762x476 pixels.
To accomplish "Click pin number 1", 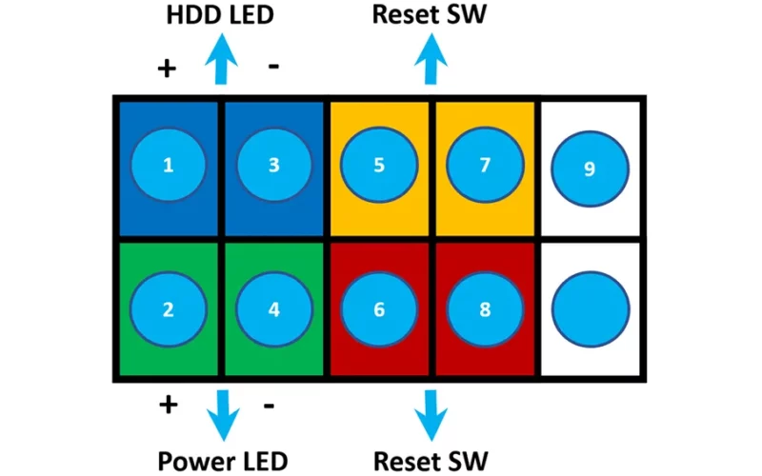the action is point(169,165).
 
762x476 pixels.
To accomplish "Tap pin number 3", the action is point(274,165).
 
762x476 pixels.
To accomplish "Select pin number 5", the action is point(379,165).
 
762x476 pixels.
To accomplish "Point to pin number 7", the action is point(485,165).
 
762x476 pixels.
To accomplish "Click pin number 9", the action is point(590,169).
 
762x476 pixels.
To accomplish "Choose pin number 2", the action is point(169,308).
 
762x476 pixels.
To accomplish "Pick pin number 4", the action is point(274,308).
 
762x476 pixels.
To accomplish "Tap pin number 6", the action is point(379,308).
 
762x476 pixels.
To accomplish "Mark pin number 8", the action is point(485,308).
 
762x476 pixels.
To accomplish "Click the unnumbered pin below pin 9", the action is point(591,309).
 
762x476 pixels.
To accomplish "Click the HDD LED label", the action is point(220,14).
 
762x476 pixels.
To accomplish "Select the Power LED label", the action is point(223,461).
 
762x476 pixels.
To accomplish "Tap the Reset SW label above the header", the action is point(430,14).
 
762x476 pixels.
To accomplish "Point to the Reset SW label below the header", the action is point(431,461).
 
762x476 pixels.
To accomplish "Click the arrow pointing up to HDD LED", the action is point(221,59).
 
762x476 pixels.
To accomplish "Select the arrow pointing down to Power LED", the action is point(223,415).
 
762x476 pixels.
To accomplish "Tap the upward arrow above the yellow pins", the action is point(431,59).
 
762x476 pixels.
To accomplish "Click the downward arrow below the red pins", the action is point(431,415).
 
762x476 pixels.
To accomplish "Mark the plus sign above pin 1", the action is point(167,69).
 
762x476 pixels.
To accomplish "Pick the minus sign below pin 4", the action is point(269,406).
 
